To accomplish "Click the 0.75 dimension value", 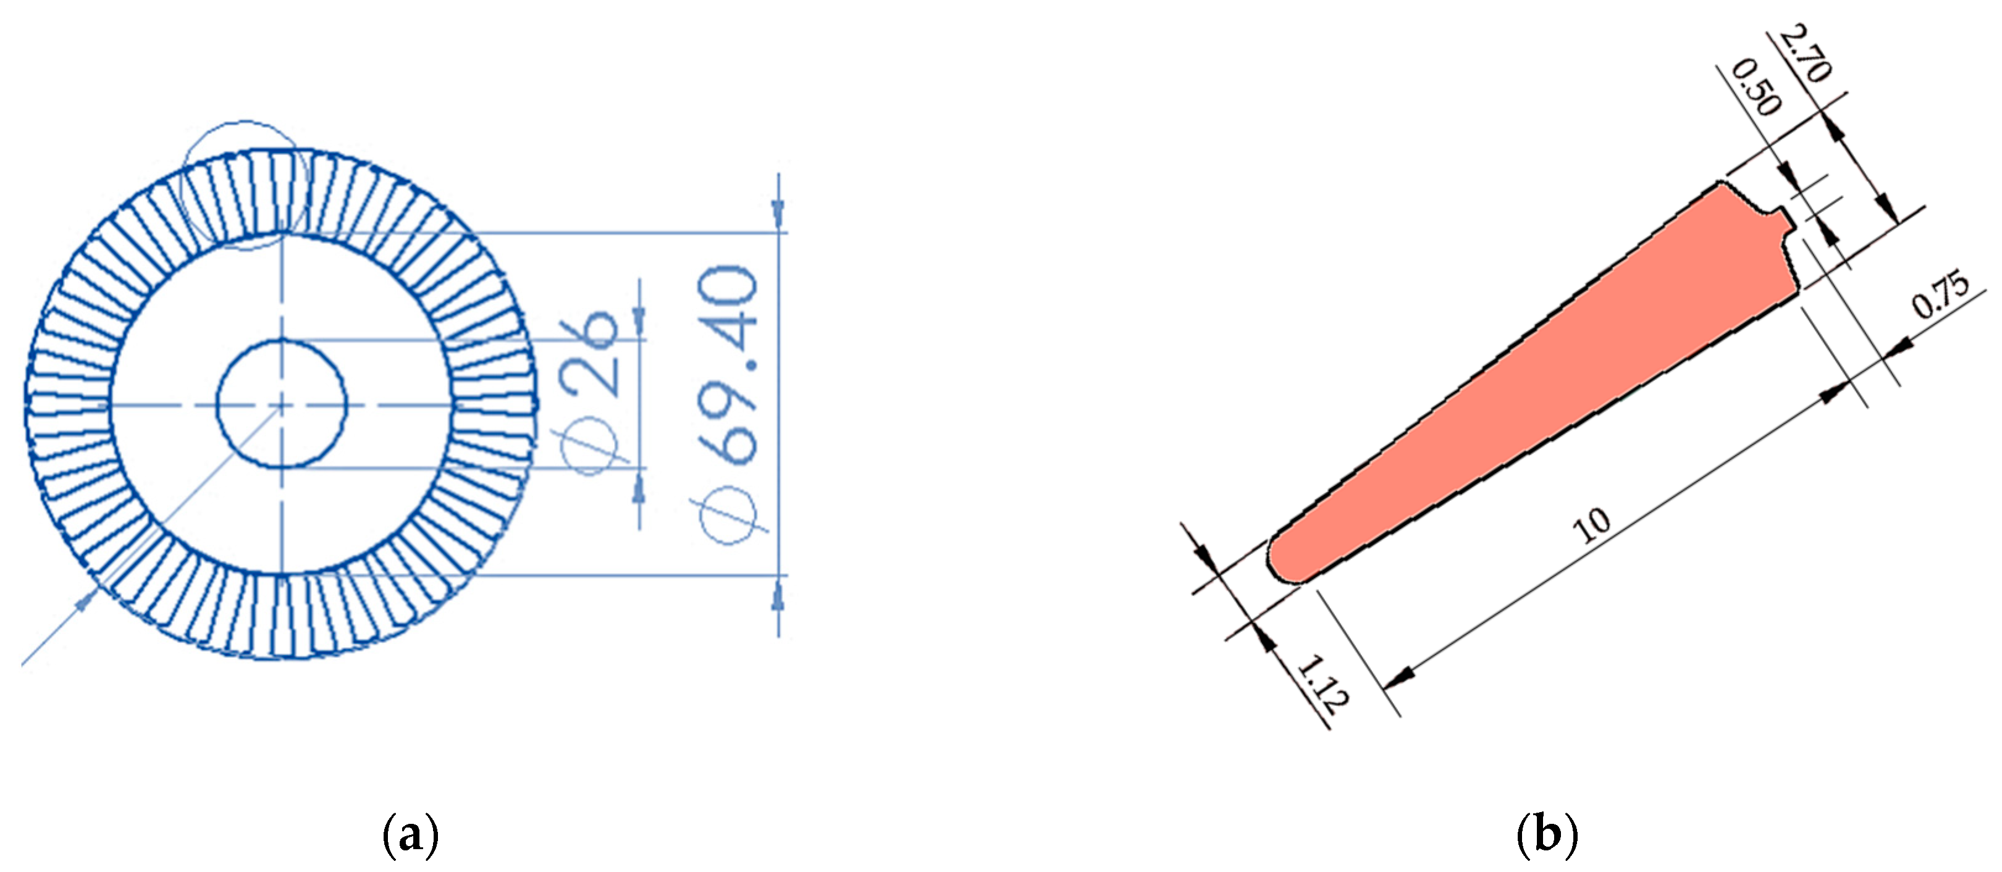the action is [x=1941, y=295].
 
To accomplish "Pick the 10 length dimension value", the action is [x=1591, y=526].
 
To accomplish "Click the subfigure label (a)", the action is [x=411, y=836].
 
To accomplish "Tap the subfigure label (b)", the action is [x=1547, y=836].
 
